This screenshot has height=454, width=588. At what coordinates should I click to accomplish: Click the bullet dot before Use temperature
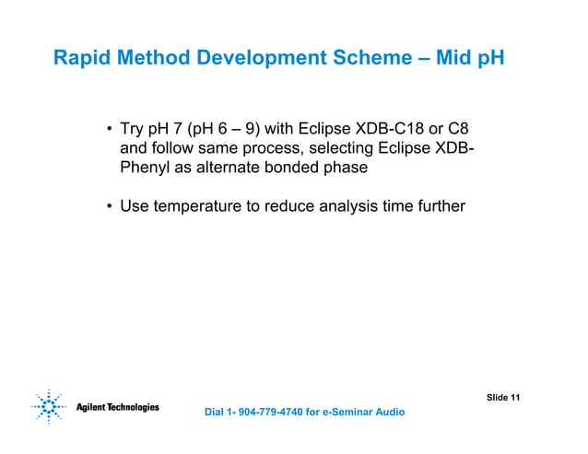click(x=109, y=206)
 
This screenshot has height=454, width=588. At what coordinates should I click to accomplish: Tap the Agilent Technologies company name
click(x=117, y=407)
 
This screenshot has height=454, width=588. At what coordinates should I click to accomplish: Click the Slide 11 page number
click(x=503, y=397)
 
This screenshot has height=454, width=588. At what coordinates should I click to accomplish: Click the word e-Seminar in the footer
click(x=348, y=412)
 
